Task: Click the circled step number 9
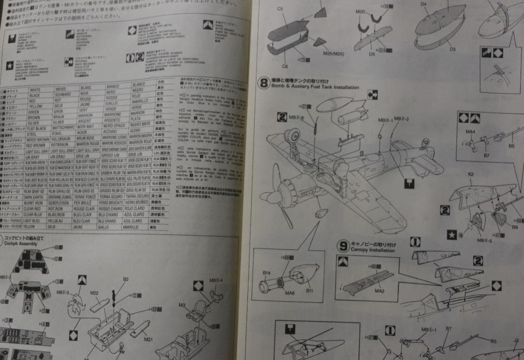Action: coord(343,246)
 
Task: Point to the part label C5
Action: coord(280,9)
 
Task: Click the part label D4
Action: coord(423,4)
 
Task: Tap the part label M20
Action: coord(360,12)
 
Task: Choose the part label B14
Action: coord(266,273)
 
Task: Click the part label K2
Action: coord(471,174)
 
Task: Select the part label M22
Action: coord(95,293)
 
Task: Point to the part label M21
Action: coord(148,339)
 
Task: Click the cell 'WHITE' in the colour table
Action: coord(35,90)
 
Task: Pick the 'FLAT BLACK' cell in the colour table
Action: coord(37,129)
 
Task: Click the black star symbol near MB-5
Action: coord(451,235)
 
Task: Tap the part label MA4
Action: coord(471,131)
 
